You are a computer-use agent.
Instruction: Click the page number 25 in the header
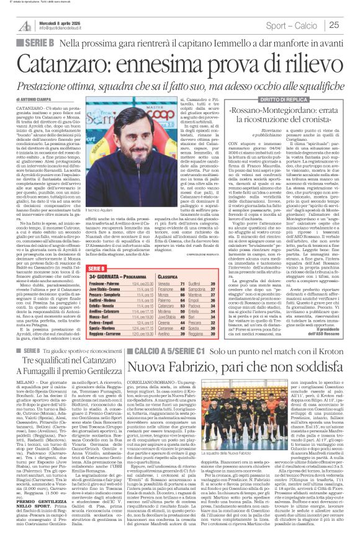pos(351,25)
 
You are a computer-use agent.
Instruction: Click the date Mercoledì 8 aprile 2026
pos(49,19)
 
